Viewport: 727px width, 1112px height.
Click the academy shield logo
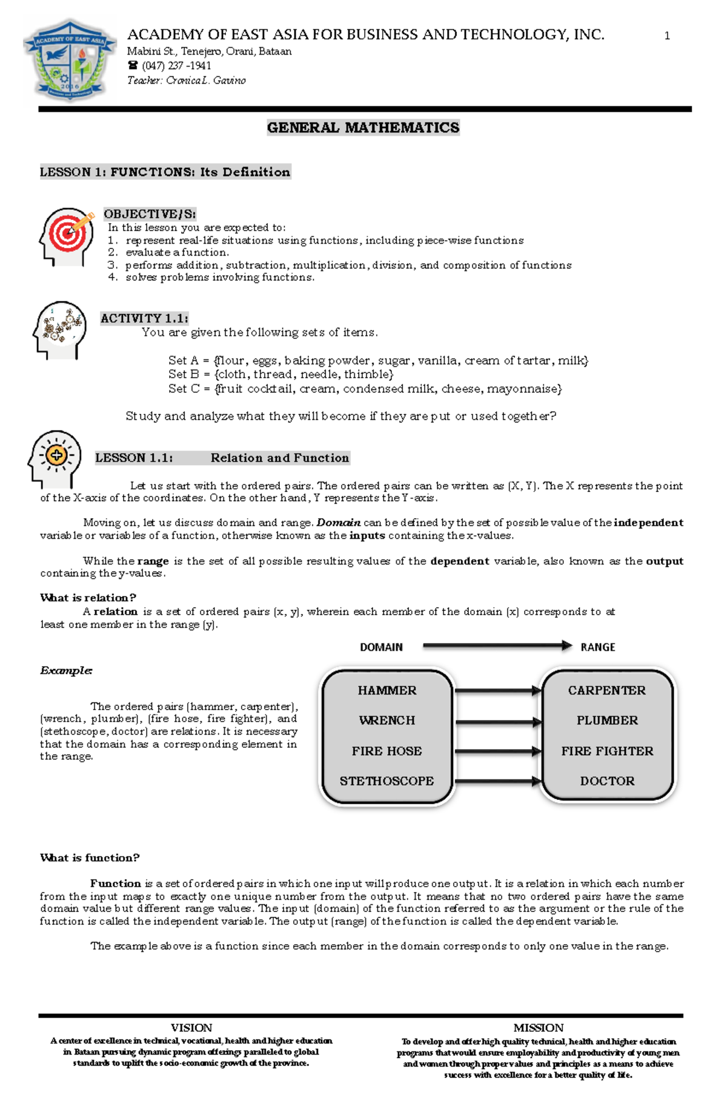70,61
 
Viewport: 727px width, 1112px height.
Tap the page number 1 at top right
667,36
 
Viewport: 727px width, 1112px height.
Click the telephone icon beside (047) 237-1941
133,65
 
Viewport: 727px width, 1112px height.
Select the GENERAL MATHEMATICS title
363,128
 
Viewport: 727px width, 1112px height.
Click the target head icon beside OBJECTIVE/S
66,236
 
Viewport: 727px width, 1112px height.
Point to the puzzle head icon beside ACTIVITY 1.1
59,329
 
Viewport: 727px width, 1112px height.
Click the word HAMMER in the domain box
387,690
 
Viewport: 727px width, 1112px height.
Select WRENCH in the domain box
387,721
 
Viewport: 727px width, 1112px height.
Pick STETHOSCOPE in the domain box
387,781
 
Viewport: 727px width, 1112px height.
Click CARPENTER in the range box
606,690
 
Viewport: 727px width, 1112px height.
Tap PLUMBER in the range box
607,721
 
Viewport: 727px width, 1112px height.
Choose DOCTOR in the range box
607,781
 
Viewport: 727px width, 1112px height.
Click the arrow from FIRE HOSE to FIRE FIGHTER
497,751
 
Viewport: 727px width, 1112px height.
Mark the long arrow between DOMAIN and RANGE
497,646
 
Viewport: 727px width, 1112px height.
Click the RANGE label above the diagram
597,647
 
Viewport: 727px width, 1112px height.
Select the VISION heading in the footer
191,1028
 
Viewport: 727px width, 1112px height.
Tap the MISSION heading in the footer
538,1028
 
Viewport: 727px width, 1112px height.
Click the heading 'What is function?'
90,857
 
